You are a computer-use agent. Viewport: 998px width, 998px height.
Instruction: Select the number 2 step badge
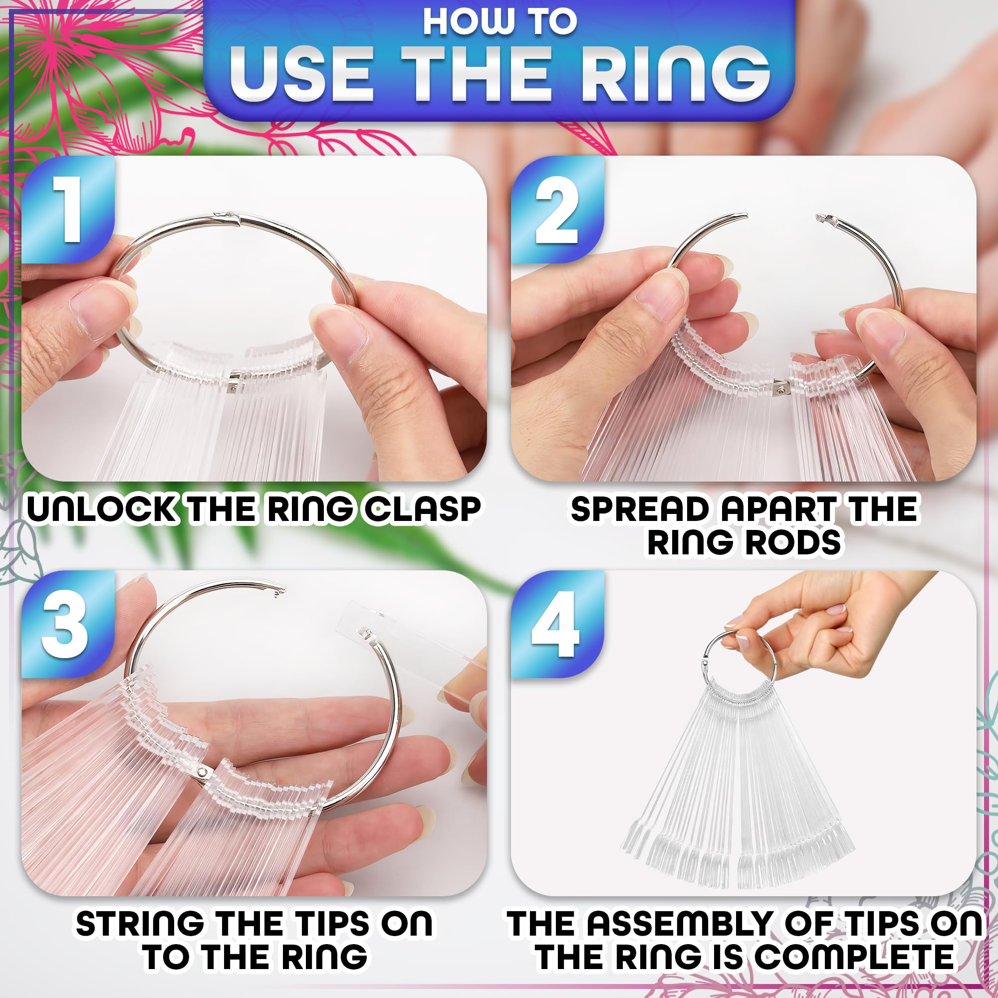(557, 209)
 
